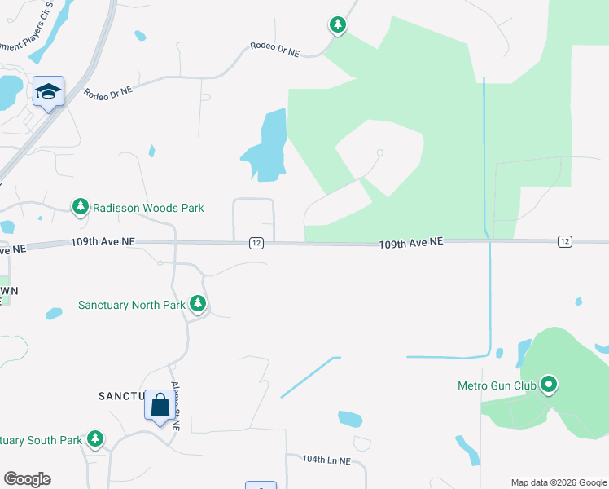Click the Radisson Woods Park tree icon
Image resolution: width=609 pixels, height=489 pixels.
[x=80, y=207]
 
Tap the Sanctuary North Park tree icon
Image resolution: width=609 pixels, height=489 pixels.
[x=197, y=304]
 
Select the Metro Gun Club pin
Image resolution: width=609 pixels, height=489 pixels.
[x=549, y=383]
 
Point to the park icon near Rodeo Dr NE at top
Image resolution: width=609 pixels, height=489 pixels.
[x=337, y=25]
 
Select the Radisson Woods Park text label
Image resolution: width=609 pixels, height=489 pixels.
[x=147, y=209]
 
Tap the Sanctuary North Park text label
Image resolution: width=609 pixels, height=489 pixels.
[x=131, y=305]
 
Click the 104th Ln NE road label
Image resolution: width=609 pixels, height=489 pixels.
[x=326, y=460]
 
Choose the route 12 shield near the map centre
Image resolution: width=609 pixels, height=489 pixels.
[x=256, y=243]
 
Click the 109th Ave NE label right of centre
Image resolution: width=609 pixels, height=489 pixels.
[x=411, y=242]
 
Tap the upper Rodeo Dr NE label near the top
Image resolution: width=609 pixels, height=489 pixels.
[x=275, y=50]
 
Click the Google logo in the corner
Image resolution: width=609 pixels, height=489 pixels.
[x=27, y=479]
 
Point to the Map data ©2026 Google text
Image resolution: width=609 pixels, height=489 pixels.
[x=559, y=482]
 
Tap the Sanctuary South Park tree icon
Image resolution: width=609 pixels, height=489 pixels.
[x=95, y=439]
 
